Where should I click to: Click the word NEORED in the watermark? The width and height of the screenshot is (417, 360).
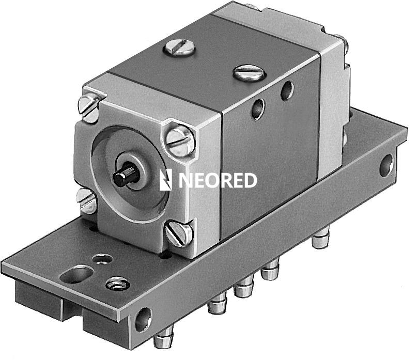218,180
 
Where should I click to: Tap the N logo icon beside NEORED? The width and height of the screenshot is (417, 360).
165,180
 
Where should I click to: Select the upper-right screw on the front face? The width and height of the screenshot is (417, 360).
180,139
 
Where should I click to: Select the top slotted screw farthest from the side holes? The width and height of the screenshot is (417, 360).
179,48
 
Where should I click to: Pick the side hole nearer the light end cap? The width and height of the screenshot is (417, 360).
287,91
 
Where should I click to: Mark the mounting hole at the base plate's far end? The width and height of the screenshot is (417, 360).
386,166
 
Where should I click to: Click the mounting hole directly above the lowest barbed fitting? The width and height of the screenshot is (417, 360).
142,318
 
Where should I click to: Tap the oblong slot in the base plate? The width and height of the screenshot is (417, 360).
76,274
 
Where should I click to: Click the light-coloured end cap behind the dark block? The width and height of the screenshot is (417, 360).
333,103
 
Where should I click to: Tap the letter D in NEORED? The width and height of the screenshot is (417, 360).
249,180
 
